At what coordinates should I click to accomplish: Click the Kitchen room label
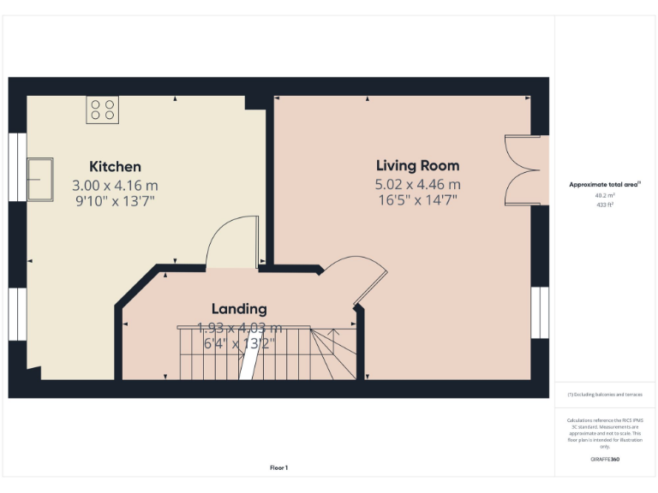point(116,167)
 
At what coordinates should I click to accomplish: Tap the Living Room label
point(417,166)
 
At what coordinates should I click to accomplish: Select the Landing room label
point(239,309)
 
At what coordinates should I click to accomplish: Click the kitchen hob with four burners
point(103,110)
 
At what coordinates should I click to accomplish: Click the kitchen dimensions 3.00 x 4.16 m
point(116,185)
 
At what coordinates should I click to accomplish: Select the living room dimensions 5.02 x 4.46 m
point(417,184)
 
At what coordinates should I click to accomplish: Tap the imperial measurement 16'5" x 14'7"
point(417,200)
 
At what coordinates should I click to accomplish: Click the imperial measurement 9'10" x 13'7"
point(116,201)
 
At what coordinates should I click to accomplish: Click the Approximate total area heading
point(605,184)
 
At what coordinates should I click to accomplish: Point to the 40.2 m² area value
point(605,195)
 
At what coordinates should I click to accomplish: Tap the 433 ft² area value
point(605,205)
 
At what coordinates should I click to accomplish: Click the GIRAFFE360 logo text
point(605,460)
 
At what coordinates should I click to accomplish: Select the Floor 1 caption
point(278,467)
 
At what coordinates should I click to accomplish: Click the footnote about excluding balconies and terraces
point(605,395)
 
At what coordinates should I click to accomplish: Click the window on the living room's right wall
point(540,312)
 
